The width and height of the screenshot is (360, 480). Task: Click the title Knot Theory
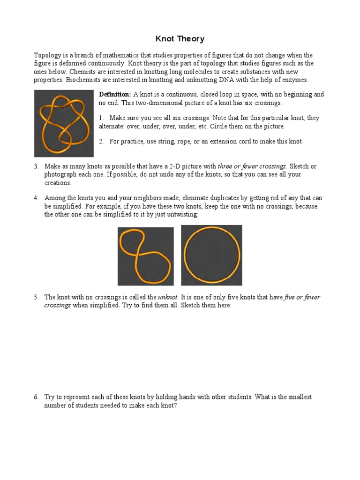(180, 39)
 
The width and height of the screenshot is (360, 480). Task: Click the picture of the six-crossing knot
(64, 124)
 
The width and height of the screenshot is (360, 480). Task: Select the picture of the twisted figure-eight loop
(145, 255)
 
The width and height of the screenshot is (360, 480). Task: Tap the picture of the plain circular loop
(211, 255)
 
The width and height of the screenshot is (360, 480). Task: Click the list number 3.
(36, 166)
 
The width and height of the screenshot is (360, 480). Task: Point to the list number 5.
(36, 297)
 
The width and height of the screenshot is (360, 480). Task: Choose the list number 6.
(36, 397)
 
